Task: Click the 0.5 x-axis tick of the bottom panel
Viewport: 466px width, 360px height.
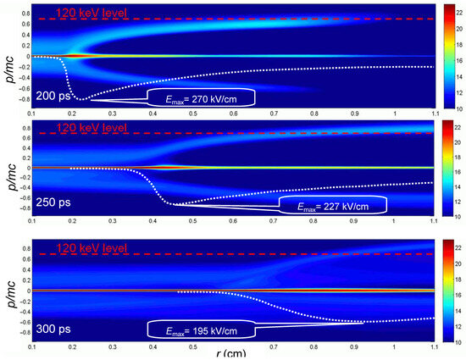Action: (x=192, y=346)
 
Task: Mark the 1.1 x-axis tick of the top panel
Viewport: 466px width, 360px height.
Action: (x=435, y=113)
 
